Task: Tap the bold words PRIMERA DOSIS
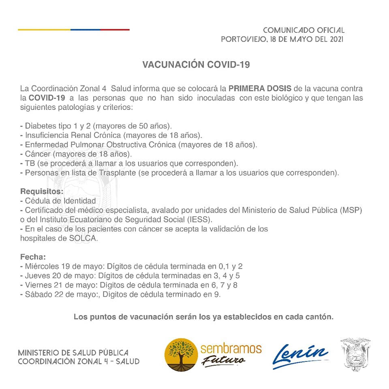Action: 259,88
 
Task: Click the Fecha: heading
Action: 33,257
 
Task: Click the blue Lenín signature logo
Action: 300,355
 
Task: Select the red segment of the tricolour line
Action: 115,30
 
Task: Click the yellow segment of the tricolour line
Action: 44,30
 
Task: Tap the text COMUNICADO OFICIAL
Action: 304,30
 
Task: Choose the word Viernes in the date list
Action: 37,285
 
